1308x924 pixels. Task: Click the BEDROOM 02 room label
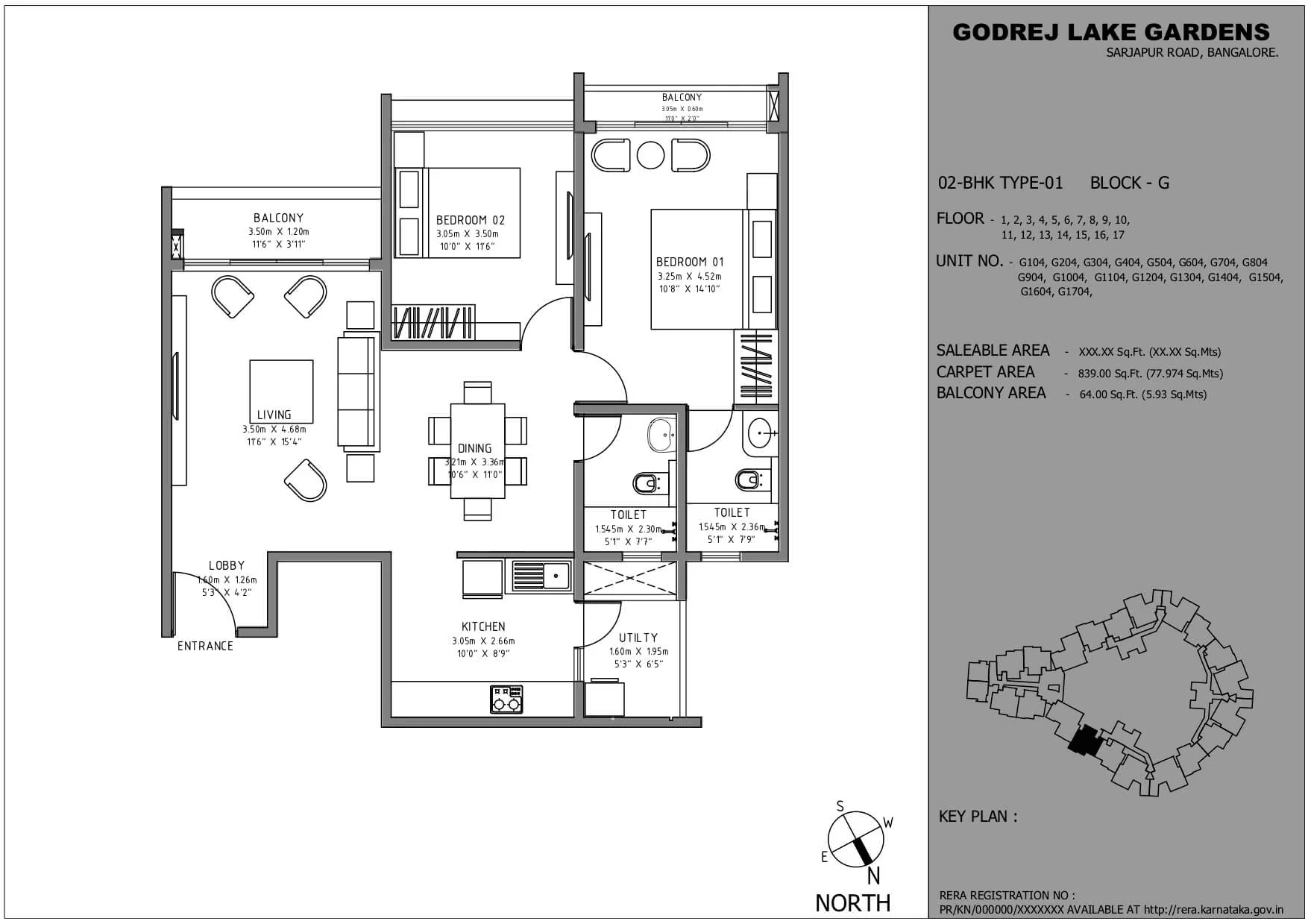click(471, 220)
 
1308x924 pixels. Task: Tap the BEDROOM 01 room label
click(690, 262)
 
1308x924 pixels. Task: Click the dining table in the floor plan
click(477, 450)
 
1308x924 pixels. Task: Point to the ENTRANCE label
click(205, 646)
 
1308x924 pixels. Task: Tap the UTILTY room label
click(638, 638)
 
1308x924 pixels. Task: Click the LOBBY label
click(227, 565)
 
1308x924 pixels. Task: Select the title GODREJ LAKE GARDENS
click(1111, 32)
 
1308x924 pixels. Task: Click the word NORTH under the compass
click(852, 902)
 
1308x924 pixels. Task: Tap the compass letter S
click(840, 806)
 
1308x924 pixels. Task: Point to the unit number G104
click(1032, 263)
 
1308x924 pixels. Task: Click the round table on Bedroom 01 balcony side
click(650, 156)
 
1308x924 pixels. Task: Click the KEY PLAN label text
click(978, 817)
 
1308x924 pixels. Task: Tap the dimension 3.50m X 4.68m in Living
click(274, 429)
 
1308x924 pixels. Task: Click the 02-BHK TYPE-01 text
click(1000, 183)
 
